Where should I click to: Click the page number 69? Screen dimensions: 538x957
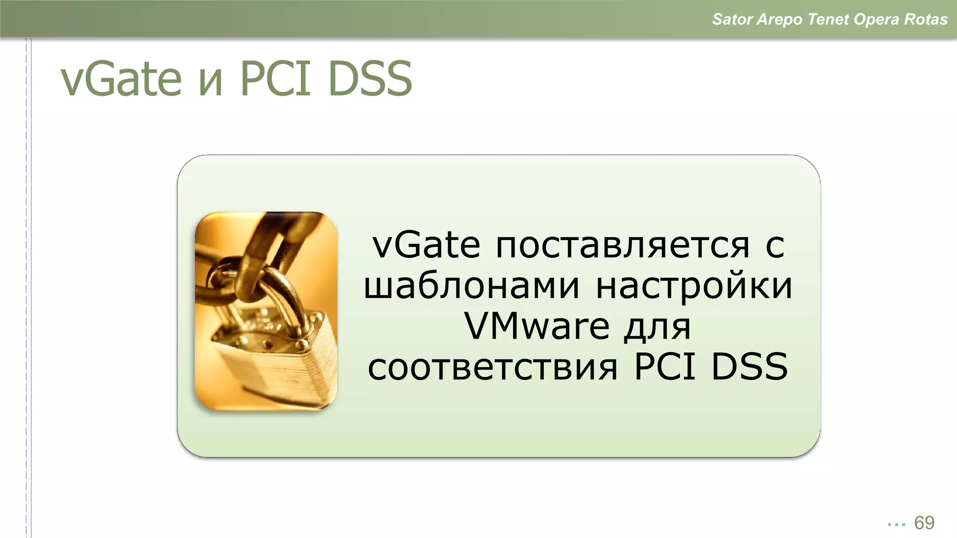pyautogui.click(x=924, y=523)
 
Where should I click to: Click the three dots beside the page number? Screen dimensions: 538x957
pyautogui.click(x=896, y=524)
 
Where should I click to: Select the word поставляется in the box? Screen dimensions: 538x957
pyautogui.click(x=622, y=246)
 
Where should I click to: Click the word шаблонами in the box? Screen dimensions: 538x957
pyautogui.click(x=471, y=286)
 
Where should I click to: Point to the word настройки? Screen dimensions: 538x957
pyautogui.click(x=694, y=286)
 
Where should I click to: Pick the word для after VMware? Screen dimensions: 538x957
pyautogui.click(x=657, y=327)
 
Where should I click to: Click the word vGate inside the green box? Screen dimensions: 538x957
pyautogui.click(x=426, y=246)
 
